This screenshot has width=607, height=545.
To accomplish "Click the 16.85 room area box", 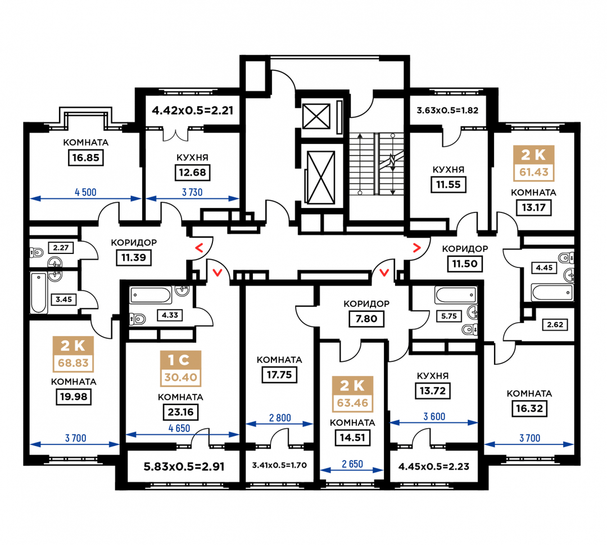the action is point(85,157).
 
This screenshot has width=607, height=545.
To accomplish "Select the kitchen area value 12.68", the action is point(192,172).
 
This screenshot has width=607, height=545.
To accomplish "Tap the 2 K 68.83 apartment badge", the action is point(73,353).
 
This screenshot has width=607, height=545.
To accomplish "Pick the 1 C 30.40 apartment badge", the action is point(181,369).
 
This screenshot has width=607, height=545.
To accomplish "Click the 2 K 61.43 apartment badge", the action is point(534,163).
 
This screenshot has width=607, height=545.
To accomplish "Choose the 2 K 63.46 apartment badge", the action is point(352,394).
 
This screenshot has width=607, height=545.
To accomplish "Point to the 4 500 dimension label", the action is point(85,192).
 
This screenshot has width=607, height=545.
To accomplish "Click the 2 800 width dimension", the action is point(280,418).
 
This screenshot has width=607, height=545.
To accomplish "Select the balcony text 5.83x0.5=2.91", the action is point(184,467).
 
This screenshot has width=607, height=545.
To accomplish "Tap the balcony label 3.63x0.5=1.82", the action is point(447,110).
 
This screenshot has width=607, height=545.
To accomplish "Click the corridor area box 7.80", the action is point(366,319).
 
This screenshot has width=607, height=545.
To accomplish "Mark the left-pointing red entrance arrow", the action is point(199,248).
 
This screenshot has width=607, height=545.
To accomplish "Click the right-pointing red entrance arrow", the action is point(417,248).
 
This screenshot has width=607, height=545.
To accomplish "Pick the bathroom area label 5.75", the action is point(449,316).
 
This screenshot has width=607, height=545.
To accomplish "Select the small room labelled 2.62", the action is point(555,324).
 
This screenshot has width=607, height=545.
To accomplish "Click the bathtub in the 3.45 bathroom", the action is point(39,293).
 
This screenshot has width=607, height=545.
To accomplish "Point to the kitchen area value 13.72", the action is point(433,391).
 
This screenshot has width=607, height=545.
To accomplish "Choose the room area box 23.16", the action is point(181,412).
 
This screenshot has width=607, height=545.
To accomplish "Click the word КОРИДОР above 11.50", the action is point(465,248).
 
